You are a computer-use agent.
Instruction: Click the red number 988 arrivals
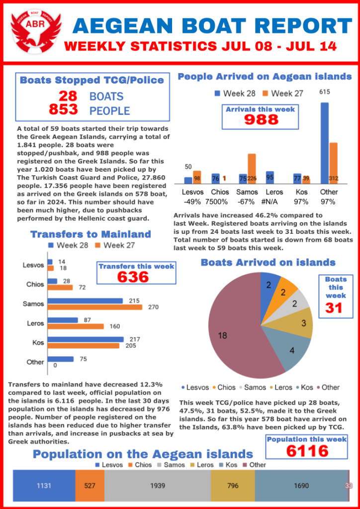click(x=261, y=119)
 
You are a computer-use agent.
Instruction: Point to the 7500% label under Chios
click(x=220, y=202)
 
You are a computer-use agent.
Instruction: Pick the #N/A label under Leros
click(x=270, y=202)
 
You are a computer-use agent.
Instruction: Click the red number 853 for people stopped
click(x=63, y=109)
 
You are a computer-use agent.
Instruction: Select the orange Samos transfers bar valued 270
click(x=94, y=307)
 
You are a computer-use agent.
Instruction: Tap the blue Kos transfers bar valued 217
click(x=86, y=339)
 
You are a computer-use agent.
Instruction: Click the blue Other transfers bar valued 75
click(x=60, y=359)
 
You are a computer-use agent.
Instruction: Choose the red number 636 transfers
click(x=133, y=277)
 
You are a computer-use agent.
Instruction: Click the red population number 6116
click(x=307, y=451)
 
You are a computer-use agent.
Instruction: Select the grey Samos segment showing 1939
click(x=158, y=486)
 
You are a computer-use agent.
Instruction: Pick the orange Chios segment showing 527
click(x=90, y=486)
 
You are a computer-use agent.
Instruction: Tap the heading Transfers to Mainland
click(x=90, y=234)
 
